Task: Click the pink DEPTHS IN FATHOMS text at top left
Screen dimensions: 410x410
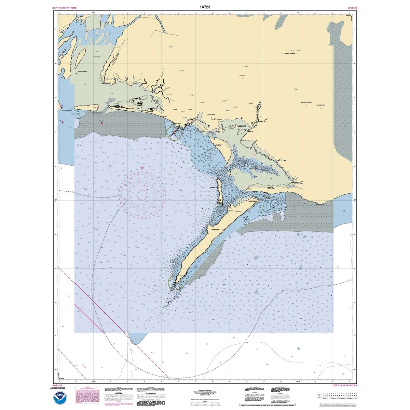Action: point(65,8)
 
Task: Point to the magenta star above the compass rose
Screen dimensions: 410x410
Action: point(142,168)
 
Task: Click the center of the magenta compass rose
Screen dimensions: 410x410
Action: point(142,196)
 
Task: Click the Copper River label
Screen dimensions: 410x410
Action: point(96,57)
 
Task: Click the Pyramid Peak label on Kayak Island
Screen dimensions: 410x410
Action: point(215,229)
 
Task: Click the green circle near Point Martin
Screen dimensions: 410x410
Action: point(174,132)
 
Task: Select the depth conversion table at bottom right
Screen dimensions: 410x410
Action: point(336,397)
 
